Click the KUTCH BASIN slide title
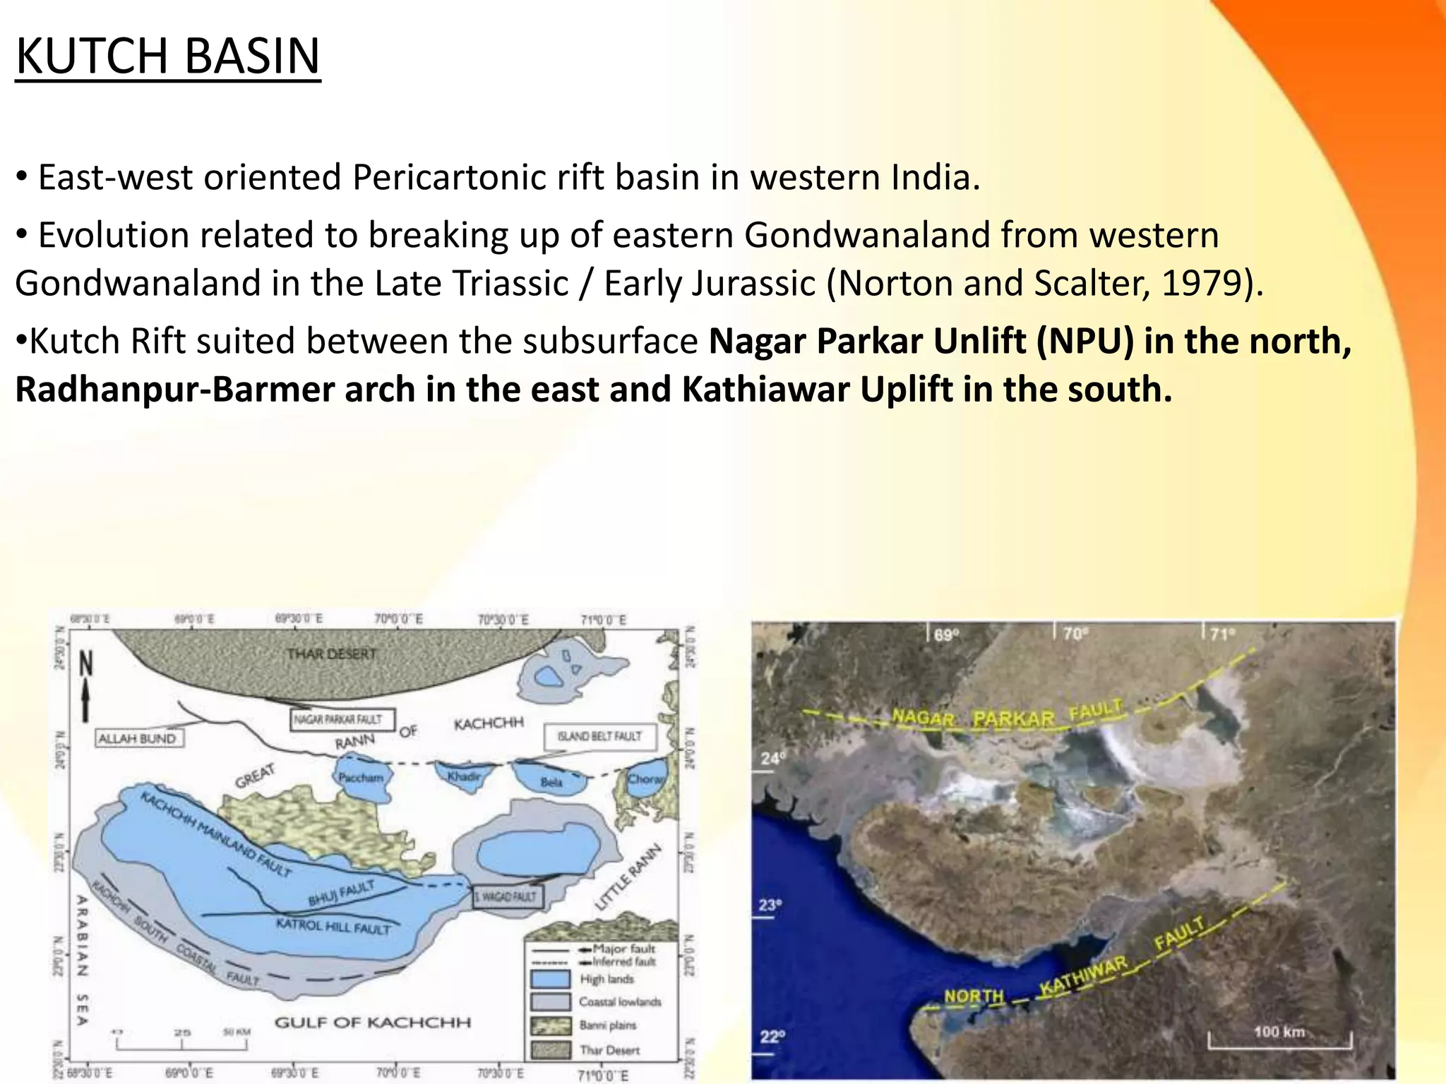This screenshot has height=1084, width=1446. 167,56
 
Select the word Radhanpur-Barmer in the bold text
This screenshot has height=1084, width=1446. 174,390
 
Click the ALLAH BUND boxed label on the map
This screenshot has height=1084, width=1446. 138,738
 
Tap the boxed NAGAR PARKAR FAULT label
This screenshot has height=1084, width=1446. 337,719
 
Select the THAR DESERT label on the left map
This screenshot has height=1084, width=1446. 332,654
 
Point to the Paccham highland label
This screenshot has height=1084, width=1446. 361,778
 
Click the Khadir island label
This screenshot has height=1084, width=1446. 464,776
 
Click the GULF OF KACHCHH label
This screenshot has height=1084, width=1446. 372,1022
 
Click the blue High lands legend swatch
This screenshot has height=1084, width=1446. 550,979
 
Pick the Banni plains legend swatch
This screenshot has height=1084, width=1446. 550,1025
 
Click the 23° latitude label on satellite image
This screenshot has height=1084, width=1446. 770,905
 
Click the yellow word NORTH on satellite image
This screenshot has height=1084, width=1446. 974,996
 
